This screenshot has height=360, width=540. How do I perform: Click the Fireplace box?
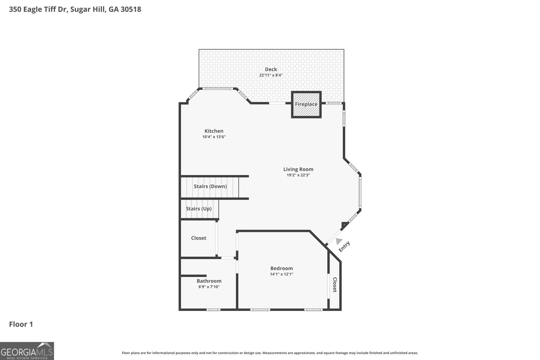click(306, 104)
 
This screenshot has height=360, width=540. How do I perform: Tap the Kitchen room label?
click(214, 131)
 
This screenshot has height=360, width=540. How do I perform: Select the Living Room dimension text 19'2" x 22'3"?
click(298, 175)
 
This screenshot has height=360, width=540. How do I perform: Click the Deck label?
click(271, 70)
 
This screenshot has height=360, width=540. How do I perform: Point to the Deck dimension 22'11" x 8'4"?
click(271, 75)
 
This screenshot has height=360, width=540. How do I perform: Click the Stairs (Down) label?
click(210, 186)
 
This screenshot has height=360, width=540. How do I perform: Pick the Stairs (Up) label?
click(198, 209)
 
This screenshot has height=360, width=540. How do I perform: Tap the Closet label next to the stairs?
click(198, 238)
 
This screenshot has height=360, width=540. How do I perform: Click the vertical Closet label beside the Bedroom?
click(335, 285)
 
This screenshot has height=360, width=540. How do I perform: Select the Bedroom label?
click(281, 268)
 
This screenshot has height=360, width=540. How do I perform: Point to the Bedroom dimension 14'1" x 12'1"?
click(281, 274)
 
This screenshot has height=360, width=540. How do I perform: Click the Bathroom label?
click(209, 281)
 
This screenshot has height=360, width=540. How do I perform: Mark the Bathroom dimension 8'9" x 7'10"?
click(209, 287)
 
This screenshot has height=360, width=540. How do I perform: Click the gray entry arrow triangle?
click(339, 241)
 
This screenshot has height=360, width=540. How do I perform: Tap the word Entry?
click(344, 246)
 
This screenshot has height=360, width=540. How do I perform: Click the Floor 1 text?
click(21, 324)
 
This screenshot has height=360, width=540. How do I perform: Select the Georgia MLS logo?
click(27, 351)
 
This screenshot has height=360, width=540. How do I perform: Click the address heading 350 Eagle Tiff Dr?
click(75, 9)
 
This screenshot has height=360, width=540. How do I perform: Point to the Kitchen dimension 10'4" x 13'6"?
click(214, 137)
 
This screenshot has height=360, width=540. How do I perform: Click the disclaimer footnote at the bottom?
click(270, 353)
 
